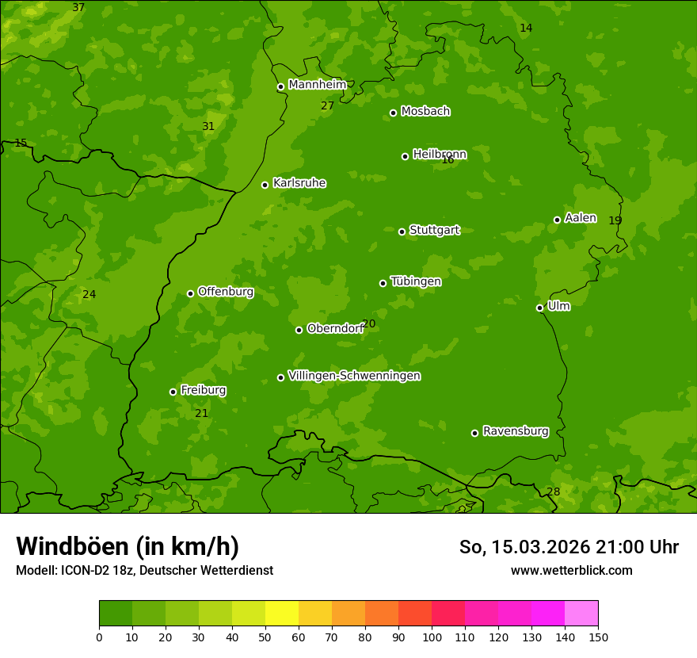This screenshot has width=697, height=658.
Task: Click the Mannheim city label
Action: pyautogui.click(x=317, y=85)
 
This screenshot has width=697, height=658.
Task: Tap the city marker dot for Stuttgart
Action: pyautogui.click(x=402, y=231)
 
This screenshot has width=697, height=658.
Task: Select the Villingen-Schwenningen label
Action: pyautogui.click(x=354, y=376)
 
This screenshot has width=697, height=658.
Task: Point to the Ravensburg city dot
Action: pyautogui.click(x=474, y=433)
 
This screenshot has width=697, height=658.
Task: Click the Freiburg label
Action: pyautogui.click(x=203, y=390)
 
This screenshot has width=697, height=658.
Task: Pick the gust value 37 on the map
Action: pyautogui.click(x=78, y=7)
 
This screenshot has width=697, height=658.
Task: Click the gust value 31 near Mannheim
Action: pyautogui.click(x=208, y=126)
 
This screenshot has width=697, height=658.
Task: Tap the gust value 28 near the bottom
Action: pyautogui.click(x=553, y=492)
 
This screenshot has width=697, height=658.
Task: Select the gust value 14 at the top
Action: pyautogui.click(x=526, y=28)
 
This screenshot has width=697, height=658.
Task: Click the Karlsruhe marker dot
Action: pyautogui.click(x=265, y=185)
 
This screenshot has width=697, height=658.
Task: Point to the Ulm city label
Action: pyautogui.click(x=558, y=306)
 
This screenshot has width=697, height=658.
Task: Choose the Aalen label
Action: pyautogui.click(x=581, y=218)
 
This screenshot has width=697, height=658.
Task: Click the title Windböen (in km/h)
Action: pyautogui.click(x=128, y=546)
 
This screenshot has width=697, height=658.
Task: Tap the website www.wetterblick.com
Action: pyautogui.click(x=571, y=570)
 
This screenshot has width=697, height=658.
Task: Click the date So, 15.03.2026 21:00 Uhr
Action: pyautogui.click(x=569, y=547)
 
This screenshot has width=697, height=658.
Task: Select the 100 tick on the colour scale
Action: pyautogui.click(x=432, y=637)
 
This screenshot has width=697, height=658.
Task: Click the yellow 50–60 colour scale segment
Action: pyautogui.click(x=282, y=614)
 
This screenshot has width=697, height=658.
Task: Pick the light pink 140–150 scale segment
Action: pyautogui.click(x=581, y=614)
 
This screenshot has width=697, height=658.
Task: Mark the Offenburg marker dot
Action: pyautogui.click(x=190, y=293)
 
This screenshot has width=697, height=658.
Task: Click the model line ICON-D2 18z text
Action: pyautogui.click(x=144, y=570)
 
